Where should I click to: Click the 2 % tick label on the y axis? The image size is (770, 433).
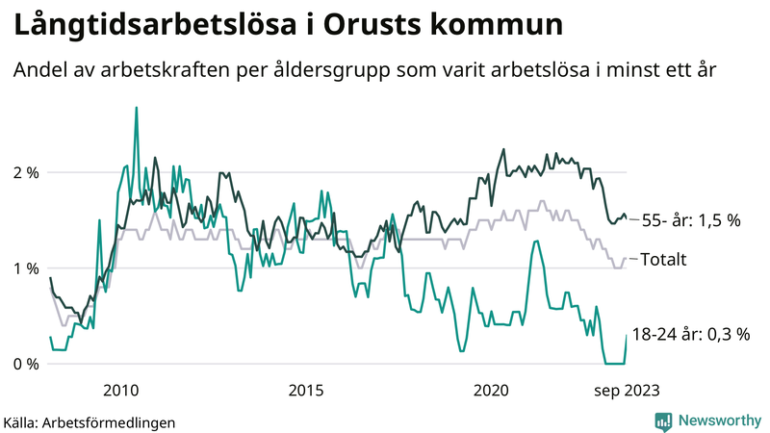[25, 172]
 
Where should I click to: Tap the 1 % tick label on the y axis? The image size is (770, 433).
[25, 267]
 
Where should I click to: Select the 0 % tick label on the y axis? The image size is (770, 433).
[25, 364]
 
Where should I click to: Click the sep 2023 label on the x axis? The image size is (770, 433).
[626, 390]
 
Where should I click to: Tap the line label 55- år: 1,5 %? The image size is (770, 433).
[690, 220]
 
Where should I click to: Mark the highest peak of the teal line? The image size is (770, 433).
[136, 108]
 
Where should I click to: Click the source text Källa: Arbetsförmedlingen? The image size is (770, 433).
[90, 421]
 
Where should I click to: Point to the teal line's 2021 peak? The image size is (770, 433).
[535, 241]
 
